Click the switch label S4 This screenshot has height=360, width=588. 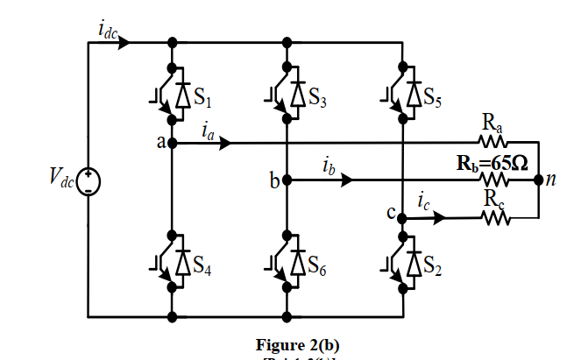point(205,268)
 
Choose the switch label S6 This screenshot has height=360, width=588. point(318,268)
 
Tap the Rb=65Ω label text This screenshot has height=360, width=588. point(492,162)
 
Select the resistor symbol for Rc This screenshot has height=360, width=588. point(492,217)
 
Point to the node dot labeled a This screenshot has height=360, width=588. point(172,142)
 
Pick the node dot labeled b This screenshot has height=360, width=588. point(287,180)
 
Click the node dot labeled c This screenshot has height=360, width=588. point(401,217)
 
